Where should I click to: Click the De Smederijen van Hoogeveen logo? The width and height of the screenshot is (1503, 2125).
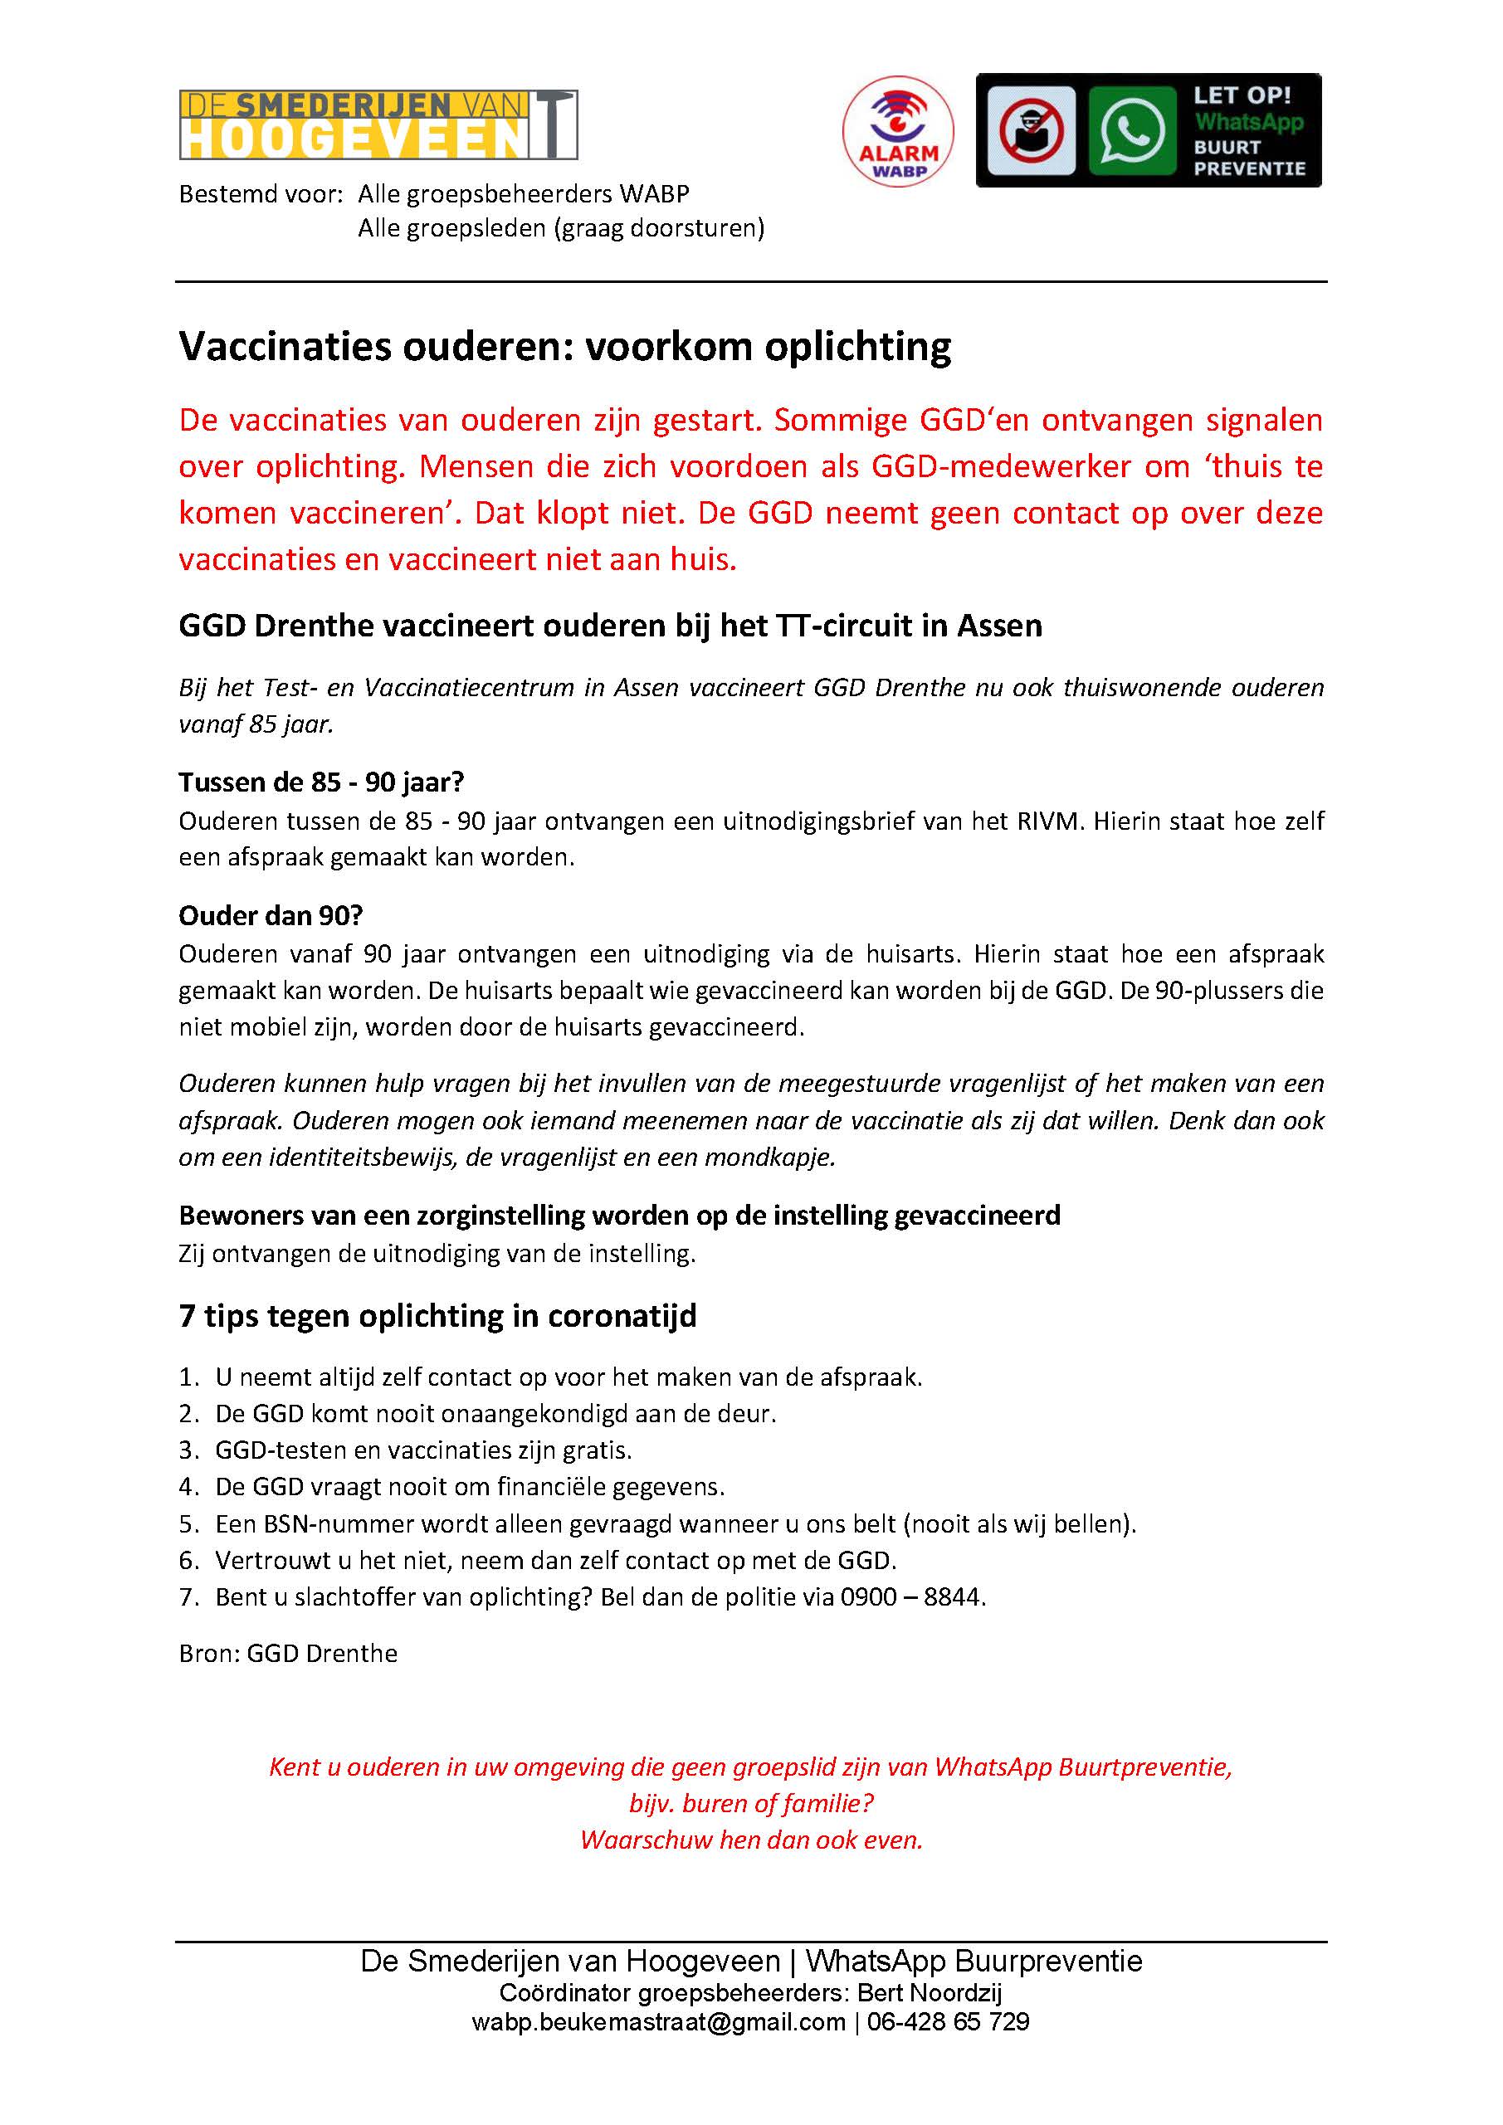(378, 125)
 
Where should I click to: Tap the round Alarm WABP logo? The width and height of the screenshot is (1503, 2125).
(898, 131)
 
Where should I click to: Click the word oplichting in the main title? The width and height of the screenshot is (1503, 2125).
(857, 347)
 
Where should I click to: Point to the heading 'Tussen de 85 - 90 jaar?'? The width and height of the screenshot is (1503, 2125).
(321, 783)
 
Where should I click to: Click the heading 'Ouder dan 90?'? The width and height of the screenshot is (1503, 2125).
(271, 915)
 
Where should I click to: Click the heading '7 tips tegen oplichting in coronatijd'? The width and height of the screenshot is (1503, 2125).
(437, 1316)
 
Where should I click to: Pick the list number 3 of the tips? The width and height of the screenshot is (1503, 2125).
(188, 1450)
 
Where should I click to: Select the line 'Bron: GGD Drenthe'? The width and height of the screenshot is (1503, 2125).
(288, 1654)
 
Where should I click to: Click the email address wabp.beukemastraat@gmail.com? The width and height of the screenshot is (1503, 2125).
(658, 2021)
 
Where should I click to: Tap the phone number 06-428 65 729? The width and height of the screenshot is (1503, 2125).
(948, 2021)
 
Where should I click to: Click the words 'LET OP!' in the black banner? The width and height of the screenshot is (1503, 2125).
(1241, 95)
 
